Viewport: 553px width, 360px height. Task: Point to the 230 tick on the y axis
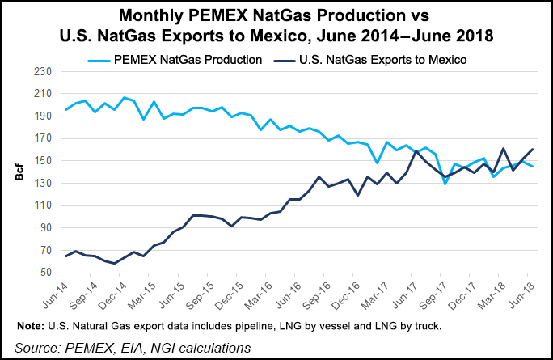click(43, 71)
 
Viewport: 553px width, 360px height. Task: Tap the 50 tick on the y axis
click(46, 273)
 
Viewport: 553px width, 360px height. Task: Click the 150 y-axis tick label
click(43, 161)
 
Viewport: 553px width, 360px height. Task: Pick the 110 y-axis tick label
click(43, 205)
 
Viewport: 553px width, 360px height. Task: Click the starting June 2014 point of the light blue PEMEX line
click(66, 109)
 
